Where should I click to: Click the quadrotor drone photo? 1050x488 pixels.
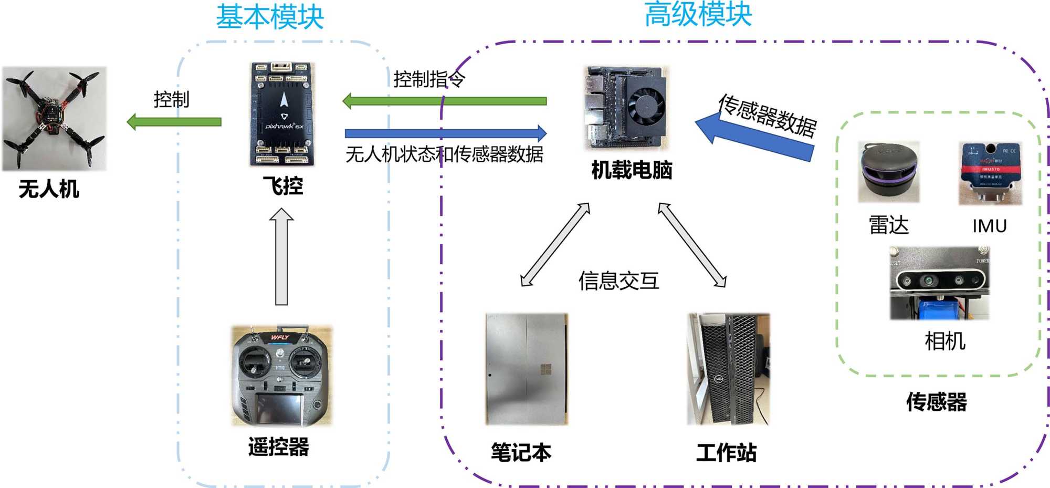[x=54, y=119]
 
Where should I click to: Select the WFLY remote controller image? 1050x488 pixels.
[x=282, y=376]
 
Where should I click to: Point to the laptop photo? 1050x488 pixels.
[x=527, y=369]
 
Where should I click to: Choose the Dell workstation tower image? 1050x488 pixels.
[x=728, y=369]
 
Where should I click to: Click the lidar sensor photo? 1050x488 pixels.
[x=888, y=172]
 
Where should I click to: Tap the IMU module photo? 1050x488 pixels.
[x=990, y=173]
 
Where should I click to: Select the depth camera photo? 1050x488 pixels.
[x=939, y=283]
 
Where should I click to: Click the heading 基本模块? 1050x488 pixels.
[x=270, y=17]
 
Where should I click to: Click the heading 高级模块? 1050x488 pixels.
[x=698, y=14]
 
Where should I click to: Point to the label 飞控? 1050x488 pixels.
[x=282, y=186]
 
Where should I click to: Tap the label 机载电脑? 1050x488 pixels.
[x=632, y=170]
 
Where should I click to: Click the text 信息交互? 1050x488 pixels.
[x=618, y=281]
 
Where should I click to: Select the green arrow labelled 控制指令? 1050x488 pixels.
[x=444, y=101]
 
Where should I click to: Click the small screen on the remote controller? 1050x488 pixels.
[x=278, y=409]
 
